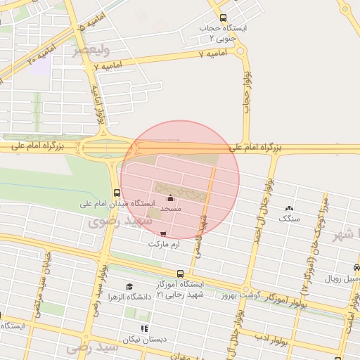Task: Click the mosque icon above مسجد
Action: [171, 199]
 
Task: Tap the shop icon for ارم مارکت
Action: [164, 234]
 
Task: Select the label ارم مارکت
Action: [163, 244]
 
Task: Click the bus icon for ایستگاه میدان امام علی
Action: [116, 193]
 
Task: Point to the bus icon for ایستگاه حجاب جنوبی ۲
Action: [224, 18]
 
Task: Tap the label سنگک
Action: [288, 219]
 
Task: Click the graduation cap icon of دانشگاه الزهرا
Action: [129, 286]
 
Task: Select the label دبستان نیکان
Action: [145, 339]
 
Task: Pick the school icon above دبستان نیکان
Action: [144, 328]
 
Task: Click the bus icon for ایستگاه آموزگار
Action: [181, 274]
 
